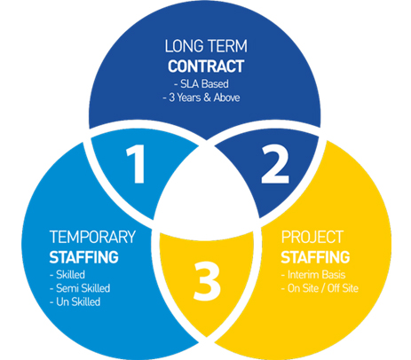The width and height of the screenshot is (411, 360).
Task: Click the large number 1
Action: [x=136, y=164]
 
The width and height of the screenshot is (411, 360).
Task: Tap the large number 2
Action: [x=275, y=164]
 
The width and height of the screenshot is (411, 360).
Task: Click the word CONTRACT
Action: [x=206, y=67]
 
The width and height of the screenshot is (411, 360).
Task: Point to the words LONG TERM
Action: [x=206, y=46]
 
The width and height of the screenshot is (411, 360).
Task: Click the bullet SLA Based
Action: [x=202, y=84]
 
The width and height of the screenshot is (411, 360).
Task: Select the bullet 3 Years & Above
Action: [x=202, y=98]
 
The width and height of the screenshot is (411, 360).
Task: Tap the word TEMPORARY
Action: [x=92, y=237]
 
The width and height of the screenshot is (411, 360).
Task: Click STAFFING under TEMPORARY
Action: [x=84, y=257]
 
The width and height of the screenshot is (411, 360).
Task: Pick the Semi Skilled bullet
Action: [x=80, y=288]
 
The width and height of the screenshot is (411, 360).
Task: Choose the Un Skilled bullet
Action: [x=75, y=301]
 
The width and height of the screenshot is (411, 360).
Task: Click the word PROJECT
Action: [x=312, y=237]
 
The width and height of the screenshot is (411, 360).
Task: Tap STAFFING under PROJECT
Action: [x=315, y=257]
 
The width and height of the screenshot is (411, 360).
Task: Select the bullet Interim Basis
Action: [x=313, y=275]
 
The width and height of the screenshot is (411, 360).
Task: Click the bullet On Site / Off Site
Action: [x=320, y=288]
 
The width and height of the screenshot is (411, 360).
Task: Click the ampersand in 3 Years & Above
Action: [x=207, y=98]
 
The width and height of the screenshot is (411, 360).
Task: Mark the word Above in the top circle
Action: [x=226, y=98]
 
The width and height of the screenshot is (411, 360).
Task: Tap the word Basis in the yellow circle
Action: [x=334, y=275]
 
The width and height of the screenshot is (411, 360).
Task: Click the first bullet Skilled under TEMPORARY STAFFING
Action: [x=67, y=275]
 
